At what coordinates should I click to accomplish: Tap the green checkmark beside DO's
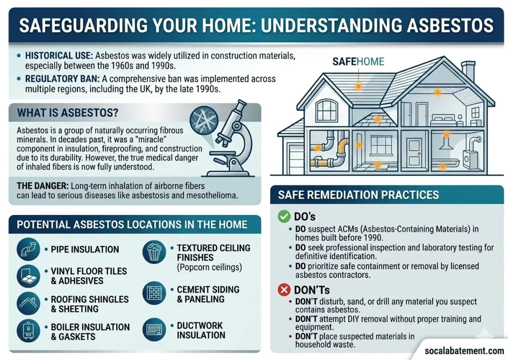(x=284, y=216)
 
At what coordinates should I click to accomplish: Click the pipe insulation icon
(x=28, y=249)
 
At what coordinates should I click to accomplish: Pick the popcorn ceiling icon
(x=154, y=253)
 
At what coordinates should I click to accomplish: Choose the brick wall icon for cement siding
(x=154, y=294)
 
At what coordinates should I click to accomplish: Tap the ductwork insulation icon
(x=154, y=330)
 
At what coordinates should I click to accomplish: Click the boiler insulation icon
(x=28, y=332)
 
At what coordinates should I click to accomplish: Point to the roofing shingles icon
(x=28, y=303)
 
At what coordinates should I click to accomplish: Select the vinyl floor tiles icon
(x=28, y=276)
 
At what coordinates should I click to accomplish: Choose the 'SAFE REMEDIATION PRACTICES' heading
(x=358, y=195)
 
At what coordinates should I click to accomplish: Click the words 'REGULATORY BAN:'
(x=55, y=79)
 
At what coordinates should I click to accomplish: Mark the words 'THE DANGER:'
(x=42, y=186)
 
